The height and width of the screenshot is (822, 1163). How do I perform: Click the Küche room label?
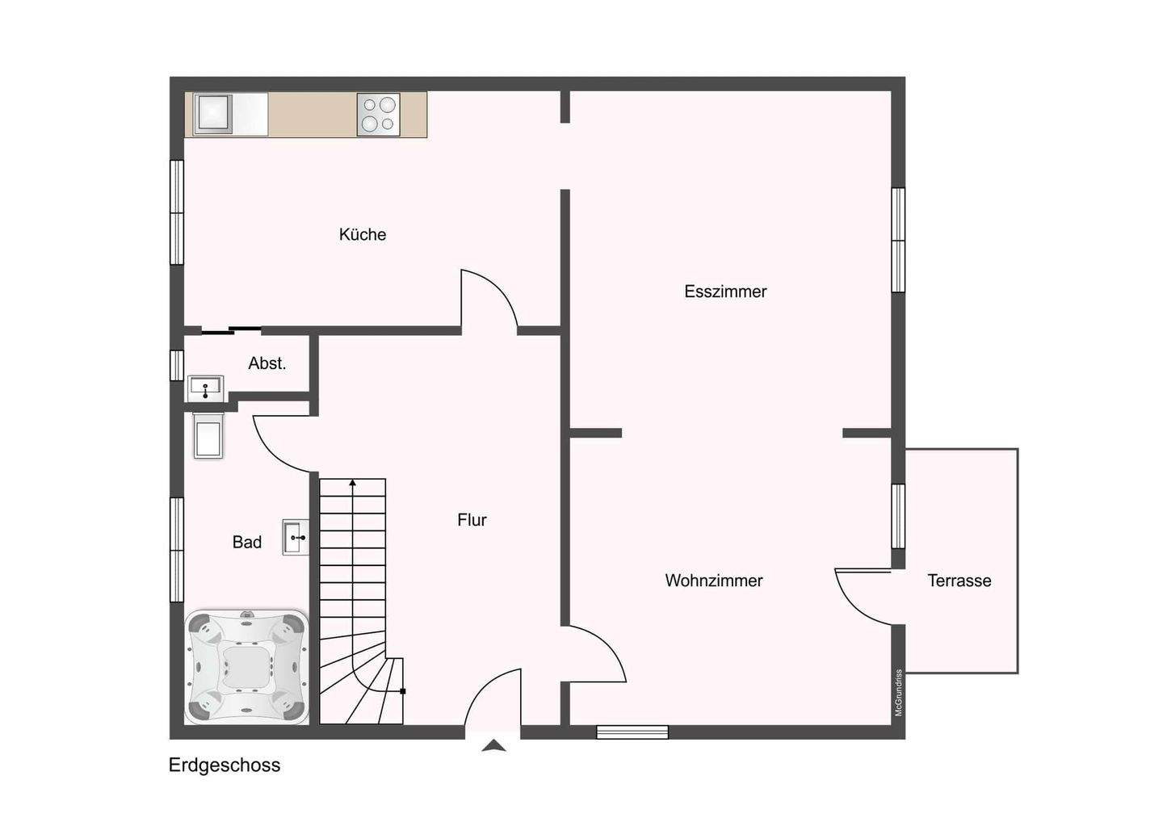point(362,234)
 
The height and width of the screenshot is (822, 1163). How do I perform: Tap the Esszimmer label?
point(724,291)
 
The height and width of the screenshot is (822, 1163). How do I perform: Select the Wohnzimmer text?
point(713,581)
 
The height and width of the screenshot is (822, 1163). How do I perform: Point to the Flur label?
point(472,520)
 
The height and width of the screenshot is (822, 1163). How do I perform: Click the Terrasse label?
point(959,581)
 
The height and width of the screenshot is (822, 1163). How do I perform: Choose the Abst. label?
point(267,363)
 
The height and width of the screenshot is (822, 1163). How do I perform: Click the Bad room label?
point(246,543)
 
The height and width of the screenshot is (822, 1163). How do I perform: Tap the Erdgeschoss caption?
point(224,765)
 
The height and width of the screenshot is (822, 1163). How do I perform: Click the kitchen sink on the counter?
point(213,114)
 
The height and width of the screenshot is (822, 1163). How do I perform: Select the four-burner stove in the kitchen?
point(378,114)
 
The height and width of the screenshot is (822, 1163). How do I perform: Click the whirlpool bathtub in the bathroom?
point(246,667)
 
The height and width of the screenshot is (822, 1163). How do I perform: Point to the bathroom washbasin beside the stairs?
point(295,537)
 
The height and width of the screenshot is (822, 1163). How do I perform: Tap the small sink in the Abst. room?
point(205,388)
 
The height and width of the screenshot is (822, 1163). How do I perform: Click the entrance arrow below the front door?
point(493,747)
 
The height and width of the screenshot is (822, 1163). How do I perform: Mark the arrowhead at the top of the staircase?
point(352,483)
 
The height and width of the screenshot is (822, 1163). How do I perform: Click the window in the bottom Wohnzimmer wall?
point(632,732)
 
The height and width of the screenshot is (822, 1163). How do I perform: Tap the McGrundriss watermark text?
point(898,693)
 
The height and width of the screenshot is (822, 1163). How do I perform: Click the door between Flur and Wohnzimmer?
point(594,654)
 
